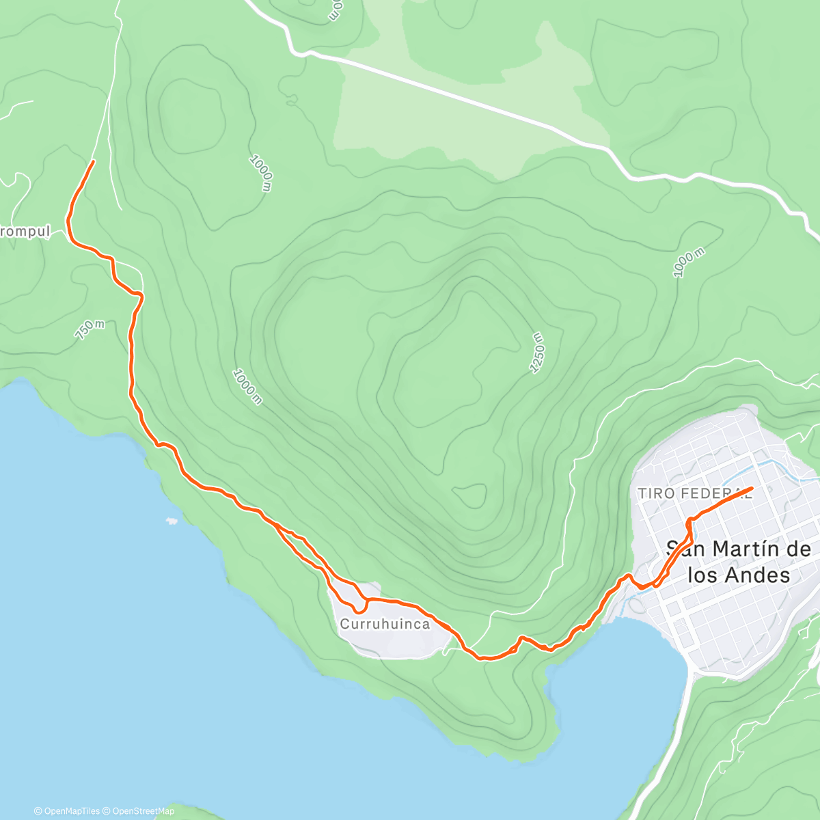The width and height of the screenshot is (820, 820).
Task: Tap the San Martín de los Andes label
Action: [x=738, y=562]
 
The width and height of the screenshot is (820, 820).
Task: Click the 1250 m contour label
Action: [x=538, y=353]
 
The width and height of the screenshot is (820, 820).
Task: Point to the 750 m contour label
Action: [x=90, y=329]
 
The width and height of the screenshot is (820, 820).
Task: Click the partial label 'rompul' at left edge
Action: [x=25, y=232]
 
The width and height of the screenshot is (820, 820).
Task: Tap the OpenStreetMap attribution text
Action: [x=143, y=811]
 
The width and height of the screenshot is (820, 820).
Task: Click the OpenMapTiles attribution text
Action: [x=71, y=811]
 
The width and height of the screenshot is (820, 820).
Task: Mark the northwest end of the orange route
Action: [x=93, y=161]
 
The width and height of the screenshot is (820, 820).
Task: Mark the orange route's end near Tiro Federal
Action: [x=752, y=489]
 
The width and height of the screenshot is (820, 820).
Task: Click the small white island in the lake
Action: [x=171, y=521]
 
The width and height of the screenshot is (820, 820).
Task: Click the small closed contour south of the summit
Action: [x=469, y=495]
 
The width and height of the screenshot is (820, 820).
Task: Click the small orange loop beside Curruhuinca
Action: [x=358, y=605]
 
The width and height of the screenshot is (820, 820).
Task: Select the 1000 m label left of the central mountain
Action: [x=247, y=387]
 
